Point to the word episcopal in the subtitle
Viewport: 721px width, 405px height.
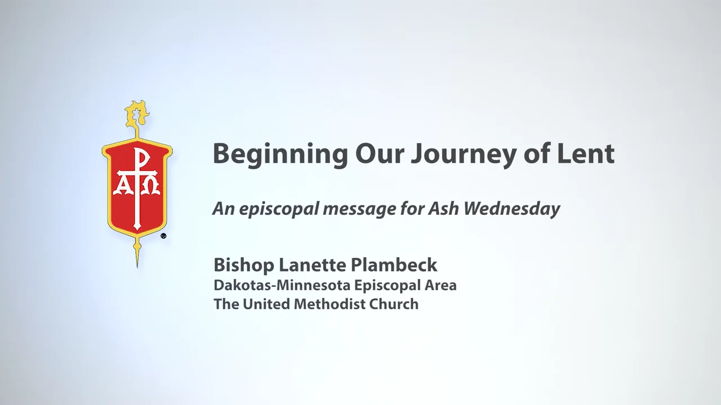click(272, 209)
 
